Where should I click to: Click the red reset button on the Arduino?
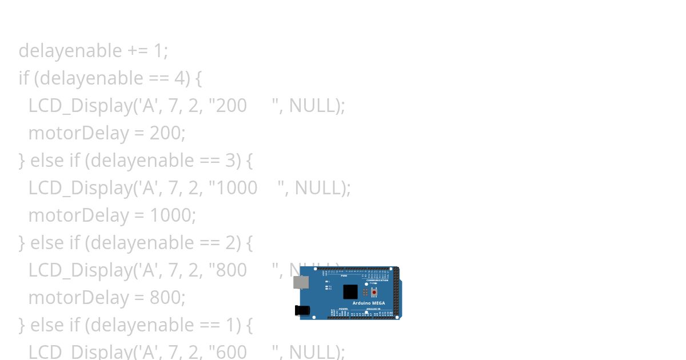coord(374,292)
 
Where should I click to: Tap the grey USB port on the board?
coord(301,282)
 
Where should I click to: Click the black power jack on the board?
coord(302,310)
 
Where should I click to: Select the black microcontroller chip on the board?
coord(350,292)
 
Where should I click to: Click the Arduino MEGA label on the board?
coord(368,303)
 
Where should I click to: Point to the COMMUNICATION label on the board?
coord(377,280)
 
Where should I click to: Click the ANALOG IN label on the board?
coord(374,309)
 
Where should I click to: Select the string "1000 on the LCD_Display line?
coord(233,188)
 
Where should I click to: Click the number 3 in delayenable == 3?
coord(230,161)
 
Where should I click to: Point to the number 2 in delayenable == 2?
coord(230,243)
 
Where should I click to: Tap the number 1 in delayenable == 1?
coord(230,325)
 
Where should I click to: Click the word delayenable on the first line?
coord(70,51)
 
